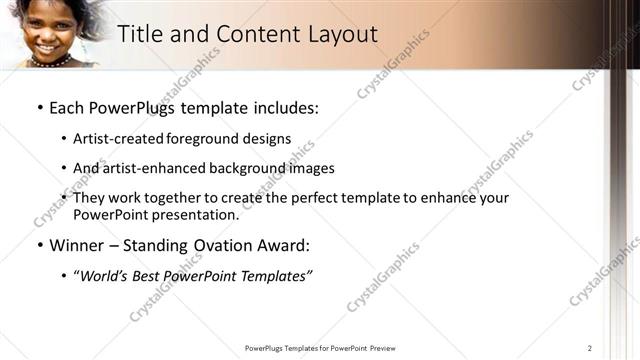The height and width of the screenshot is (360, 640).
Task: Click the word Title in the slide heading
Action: [140, 35]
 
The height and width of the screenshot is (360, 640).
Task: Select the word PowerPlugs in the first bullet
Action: [134, 107]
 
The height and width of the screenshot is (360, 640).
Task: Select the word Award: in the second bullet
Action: [282, 245]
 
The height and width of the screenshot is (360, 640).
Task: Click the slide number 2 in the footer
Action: [590, 348]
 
